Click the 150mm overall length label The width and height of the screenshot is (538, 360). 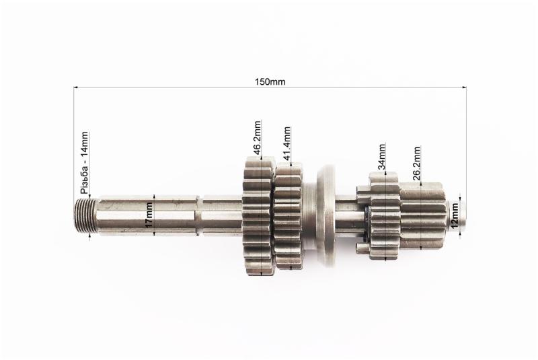[270, 81]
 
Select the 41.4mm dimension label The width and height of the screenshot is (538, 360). [287, 144]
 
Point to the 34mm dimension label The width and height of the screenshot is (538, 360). [381, 157]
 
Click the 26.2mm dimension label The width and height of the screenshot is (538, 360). [416, 164]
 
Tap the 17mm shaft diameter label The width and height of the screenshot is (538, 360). [148, 215]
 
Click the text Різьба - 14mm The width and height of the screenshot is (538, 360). [85, 163]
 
